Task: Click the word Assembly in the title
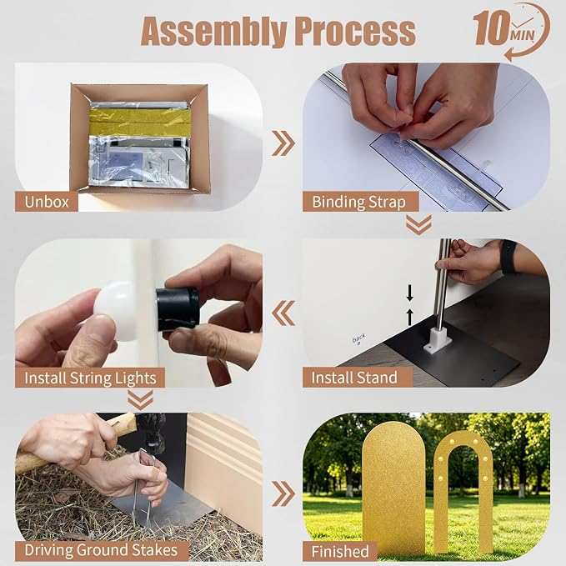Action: pyautogui.click(x=213, y=32)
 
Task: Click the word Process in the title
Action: pyautogui.click(x=355, y=32)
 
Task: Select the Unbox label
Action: pyautogui.click(x=46, y=202)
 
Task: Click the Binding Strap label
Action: pyautogui.click(x=360, y=202)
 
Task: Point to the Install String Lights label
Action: pyautogui.click(x=90, y=378)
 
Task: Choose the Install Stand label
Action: pyautogui.click(x=358, y=378)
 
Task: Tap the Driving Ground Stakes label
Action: pyautogui.click(x=102, y=550)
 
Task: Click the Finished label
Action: pyautogui.click(x=340, y=552)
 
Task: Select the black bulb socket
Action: pyautogui.click(x=178, y=309)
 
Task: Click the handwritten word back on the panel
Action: pyautogui.click(x=358, y=338)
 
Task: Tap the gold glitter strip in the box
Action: pyautogui.click(x=140, y=122)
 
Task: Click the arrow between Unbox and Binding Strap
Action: pyautogui.click(x=283, y=143)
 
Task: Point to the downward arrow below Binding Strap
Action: pyautogui.click(x=418, y=224)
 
